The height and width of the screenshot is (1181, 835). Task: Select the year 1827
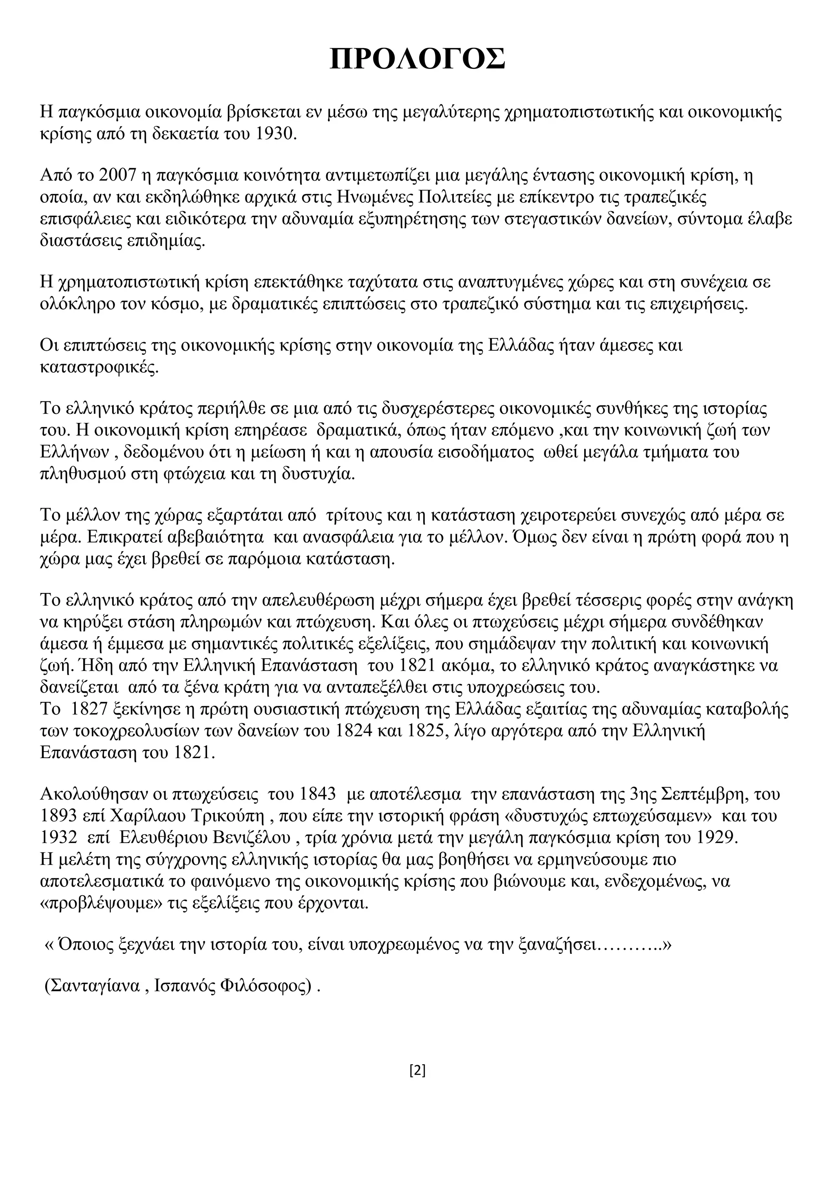coord(88,709)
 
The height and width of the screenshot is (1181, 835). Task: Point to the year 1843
coord(316,794)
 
